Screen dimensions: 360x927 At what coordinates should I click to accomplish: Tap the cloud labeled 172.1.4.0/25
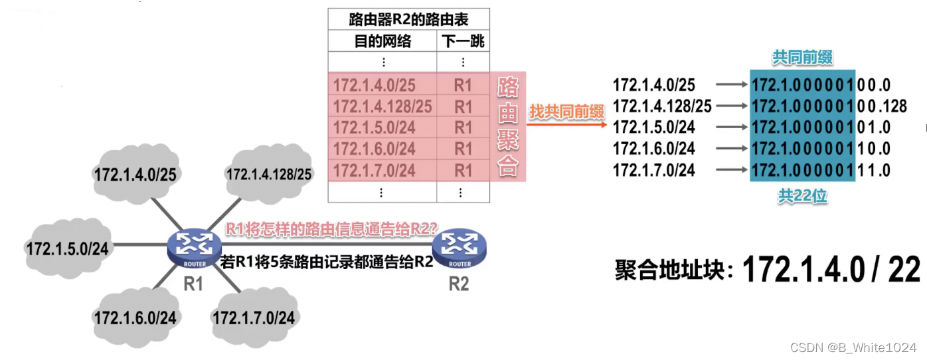(x=135, y=175)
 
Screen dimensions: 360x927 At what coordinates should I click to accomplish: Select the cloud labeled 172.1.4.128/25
(x=268, y=175)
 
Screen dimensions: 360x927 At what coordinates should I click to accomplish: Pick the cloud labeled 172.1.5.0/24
(x=67, y=248)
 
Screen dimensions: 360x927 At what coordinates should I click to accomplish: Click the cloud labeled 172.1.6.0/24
(x=135, y=317)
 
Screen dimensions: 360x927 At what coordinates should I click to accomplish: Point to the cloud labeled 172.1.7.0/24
(x=253, y=317)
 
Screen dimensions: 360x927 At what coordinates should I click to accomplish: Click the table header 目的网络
(x=382, y=42)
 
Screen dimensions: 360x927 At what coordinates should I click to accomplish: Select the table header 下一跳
(x=463, y=42)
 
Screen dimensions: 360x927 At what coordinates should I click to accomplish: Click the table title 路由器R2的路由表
(x=408, y=19)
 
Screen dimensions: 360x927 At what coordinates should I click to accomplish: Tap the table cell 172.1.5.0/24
(x=374, y=127)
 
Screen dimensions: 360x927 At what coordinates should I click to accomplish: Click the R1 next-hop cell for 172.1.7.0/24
(x=463, y=171)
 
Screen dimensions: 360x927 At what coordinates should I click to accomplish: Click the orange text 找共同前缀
(x=564, y=113)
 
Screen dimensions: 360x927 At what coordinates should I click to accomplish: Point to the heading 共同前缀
(x=801, y=58)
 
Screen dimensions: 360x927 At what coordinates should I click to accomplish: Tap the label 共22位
(x=801, y=196)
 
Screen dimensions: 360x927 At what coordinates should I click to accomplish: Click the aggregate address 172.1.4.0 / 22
(x=831, y=270)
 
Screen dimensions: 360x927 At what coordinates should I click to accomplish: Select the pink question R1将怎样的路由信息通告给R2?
(x=331, y=229)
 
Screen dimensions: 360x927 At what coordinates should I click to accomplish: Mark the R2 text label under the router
(x=459, y=284)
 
